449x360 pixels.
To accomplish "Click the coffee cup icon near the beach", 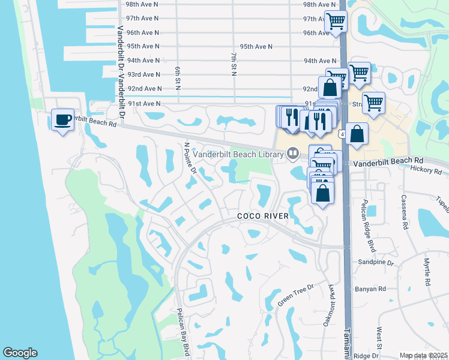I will [62, 120].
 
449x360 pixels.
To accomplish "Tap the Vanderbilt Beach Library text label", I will [238, 154].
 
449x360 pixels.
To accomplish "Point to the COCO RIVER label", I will [264, 216].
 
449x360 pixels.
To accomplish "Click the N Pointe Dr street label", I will [190, 158].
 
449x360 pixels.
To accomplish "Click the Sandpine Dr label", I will [376, 263].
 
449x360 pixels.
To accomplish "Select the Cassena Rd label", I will [405, 215].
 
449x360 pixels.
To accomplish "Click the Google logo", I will [20, 353].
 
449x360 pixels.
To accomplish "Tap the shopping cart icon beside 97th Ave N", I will [336, 22].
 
